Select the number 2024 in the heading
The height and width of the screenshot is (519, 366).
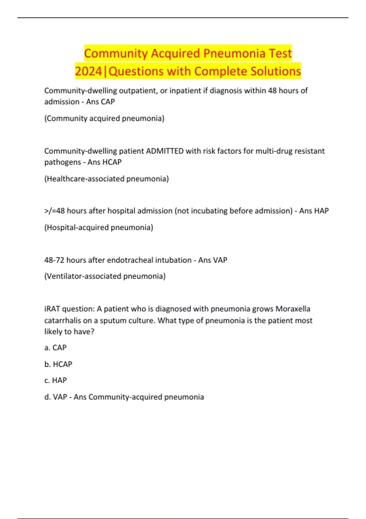point(88,71)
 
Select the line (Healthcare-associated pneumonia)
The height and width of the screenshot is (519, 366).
point(106,179)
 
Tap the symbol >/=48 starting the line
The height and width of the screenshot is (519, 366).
point(54,211)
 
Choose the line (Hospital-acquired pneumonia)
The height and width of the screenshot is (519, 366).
point(99,227)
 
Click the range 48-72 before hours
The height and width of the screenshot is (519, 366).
point(54,260)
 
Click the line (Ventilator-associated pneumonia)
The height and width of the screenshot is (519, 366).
point(105,276)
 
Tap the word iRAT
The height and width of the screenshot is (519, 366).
point(52,309)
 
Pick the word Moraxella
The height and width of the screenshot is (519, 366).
point(293,309)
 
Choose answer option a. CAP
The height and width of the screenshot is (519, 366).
point(56,348)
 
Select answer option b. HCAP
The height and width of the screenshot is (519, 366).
point(58,364)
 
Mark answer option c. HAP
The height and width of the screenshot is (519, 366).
point(56,380)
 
